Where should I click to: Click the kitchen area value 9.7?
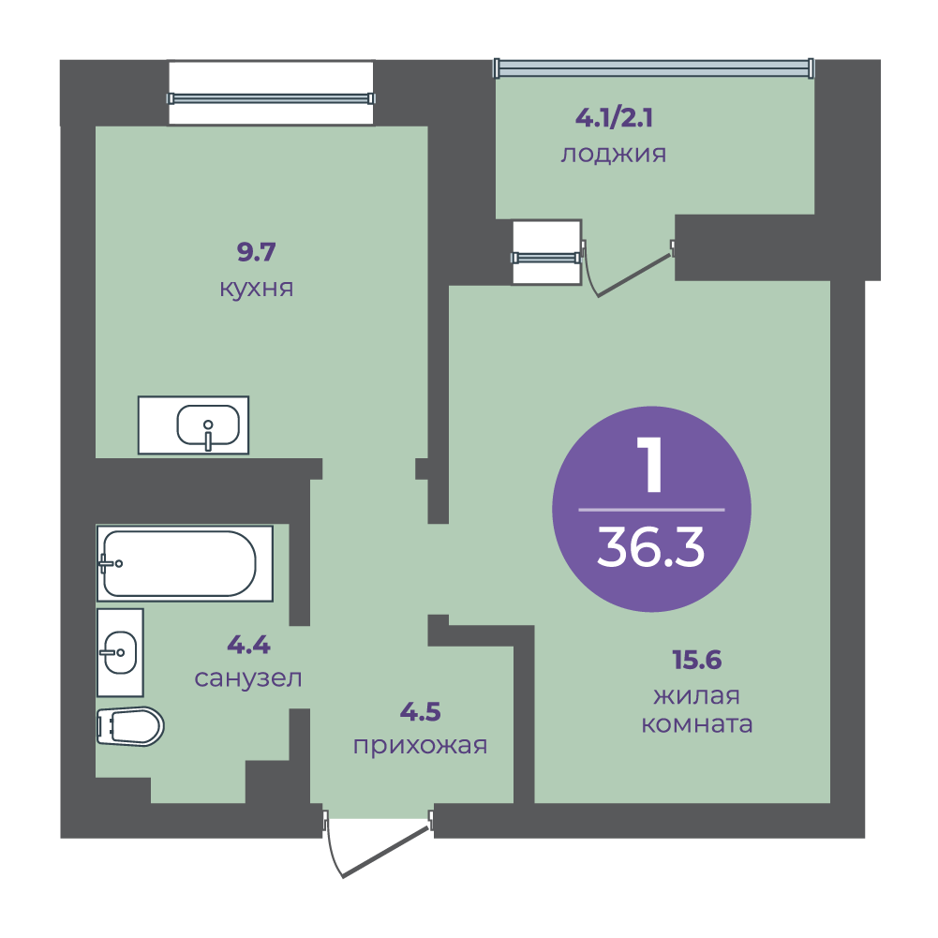coord(256,252)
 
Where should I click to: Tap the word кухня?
coord(257,289)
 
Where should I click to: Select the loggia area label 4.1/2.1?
coord(614,118)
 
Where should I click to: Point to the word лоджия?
coord(613,155)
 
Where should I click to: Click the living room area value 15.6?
coord(697,660)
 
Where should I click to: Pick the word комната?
coord(697,724)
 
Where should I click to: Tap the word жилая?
coord(696,695)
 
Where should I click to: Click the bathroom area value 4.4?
coord(249,645)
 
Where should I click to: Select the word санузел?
coord(248,678)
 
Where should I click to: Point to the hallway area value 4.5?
coord(420,712)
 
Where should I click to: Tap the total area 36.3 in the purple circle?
coord(651,547)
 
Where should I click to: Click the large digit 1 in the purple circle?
coord(650,464)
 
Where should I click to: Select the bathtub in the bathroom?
coord(185,563)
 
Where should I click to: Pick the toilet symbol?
coord(130,727)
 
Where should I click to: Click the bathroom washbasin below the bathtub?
coord(120,652)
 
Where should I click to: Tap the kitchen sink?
coord(193,425)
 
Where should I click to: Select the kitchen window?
coord(271,98)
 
